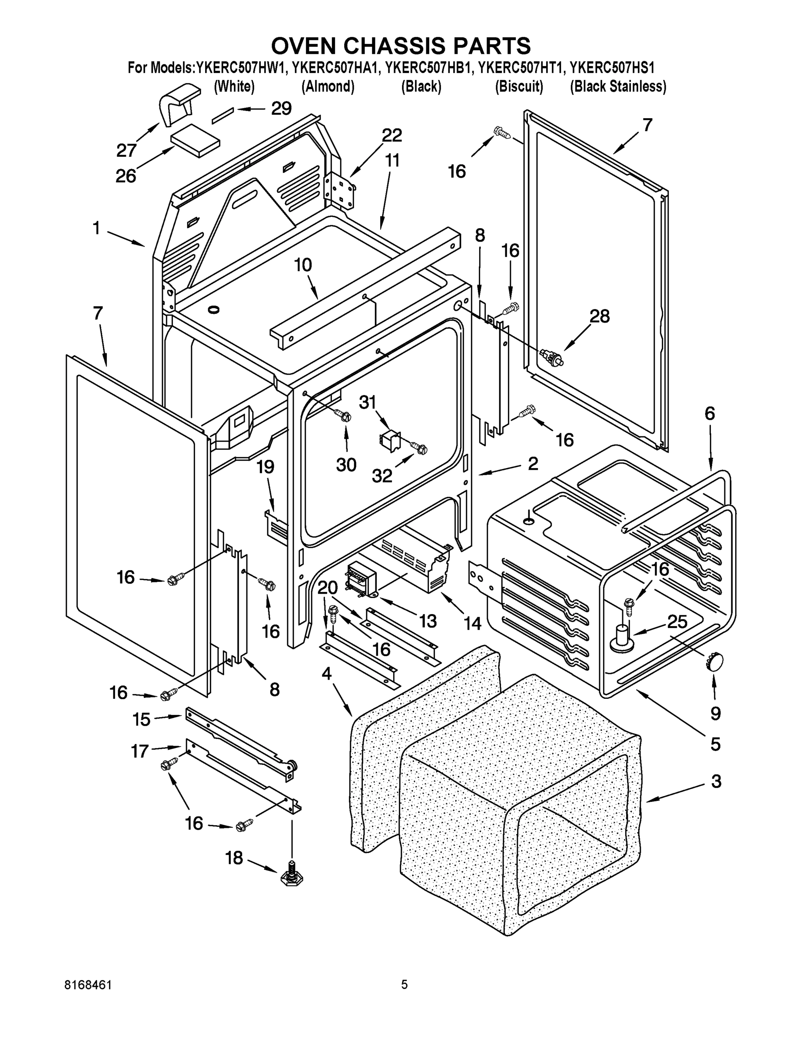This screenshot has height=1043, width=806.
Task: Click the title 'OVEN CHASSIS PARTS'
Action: pos(401,47)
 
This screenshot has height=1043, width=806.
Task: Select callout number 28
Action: pos(599,316)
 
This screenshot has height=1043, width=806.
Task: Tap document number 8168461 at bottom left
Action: pos(88,985)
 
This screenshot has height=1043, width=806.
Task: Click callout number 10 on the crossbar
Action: pos(303,265)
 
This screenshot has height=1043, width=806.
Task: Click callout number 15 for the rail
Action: pos(141,720)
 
